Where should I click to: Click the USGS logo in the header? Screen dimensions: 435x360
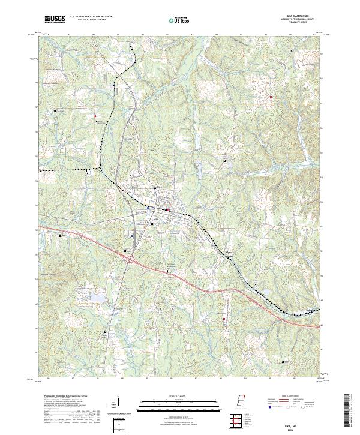55,19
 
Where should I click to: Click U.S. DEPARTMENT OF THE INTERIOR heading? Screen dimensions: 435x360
90,17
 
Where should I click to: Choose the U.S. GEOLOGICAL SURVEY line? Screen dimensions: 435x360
90,20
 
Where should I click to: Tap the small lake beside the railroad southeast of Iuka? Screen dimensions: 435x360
265,293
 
